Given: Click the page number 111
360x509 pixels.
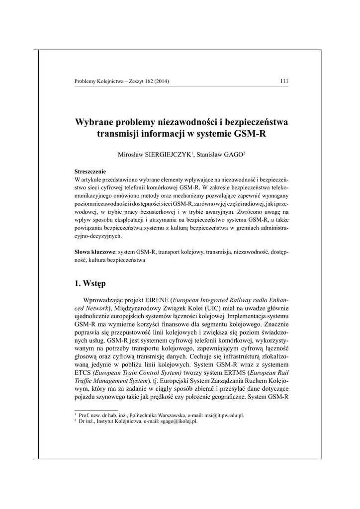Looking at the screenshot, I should tap(284, 82).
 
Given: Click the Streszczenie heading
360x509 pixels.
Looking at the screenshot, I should tap(90, 170).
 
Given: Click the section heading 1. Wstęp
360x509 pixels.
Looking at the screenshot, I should tap(90, 284).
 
